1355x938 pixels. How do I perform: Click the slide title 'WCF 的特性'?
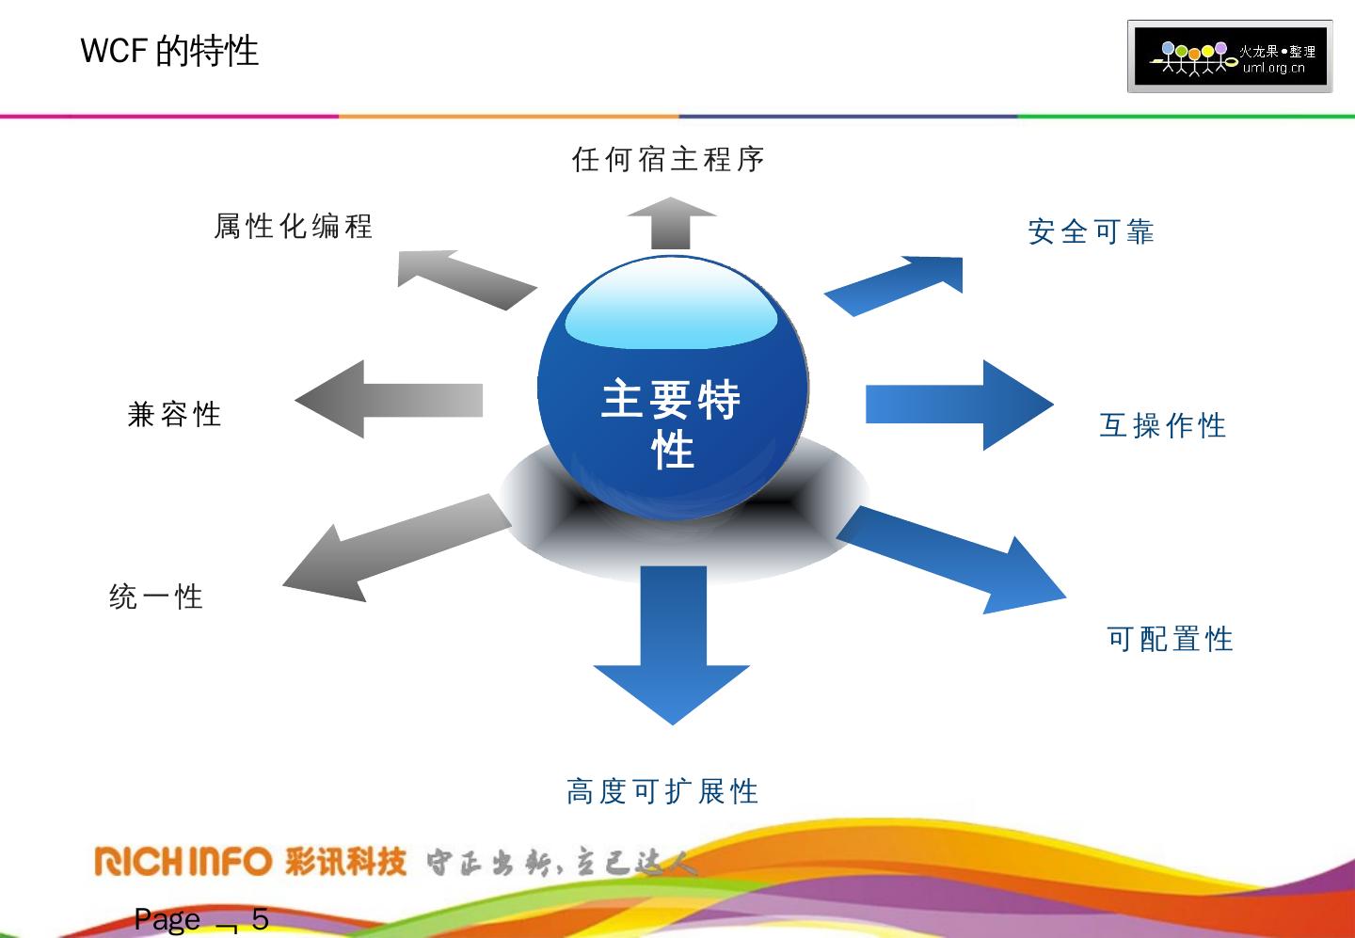point(169,51)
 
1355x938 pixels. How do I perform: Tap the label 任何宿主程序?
point(668,159)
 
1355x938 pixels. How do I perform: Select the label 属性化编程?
point(294,227)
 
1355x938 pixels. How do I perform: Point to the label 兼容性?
point(175,414)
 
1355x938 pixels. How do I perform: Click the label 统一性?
point(156,596)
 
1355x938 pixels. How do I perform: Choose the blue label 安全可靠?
point(1091,231)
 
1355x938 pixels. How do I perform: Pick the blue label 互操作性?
point(1163,425)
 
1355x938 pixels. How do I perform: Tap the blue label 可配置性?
point(1170,640)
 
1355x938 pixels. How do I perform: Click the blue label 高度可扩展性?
point(662,791)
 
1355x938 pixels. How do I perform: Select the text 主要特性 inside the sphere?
point(671,423)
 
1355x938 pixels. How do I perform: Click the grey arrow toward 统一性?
point(395,550)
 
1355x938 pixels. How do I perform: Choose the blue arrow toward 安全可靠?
point(899,284)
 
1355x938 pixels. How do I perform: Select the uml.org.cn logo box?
point(1230,56)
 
